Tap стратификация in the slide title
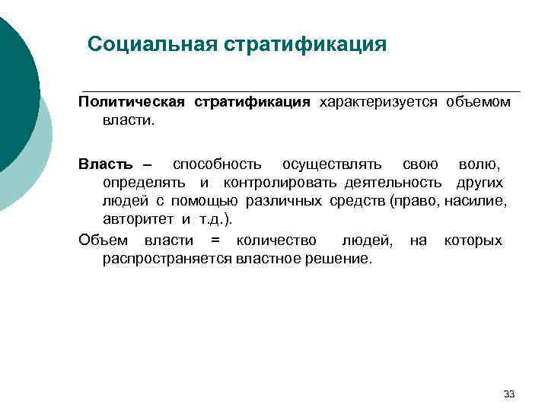click(305, 43)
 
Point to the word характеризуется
click(378, 102)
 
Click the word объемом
click(478, 102)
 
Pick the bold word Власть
click(106, 164)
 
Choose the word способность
click(217, 164)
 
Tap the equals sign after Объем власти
click(215, 241)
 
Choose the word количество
click(276, 241)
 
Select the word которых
click(473, 241)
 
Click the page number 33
click(509, 393)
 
